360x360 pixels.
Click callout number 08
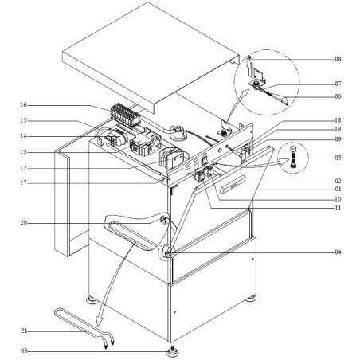pyautogui.click(x=338, y=59)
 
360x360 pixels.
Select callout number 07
pyautogui.click(x=338, y=84)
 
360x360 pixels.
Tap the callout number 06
pyautogui.click(x=338, y=97)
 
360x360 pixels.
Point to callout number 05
pyautogui.click(x=338, y=158)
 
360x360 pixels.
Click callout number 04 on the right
pyautogui.click(x=338, y=252)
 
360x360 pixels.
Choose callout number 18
pyautogui.click(x=338, y=119)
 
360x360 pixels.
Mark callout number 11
pyautogui.click(x=338, y=207)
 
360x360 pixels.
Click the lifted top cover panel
pyautogui.click(x=151, y=56)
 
